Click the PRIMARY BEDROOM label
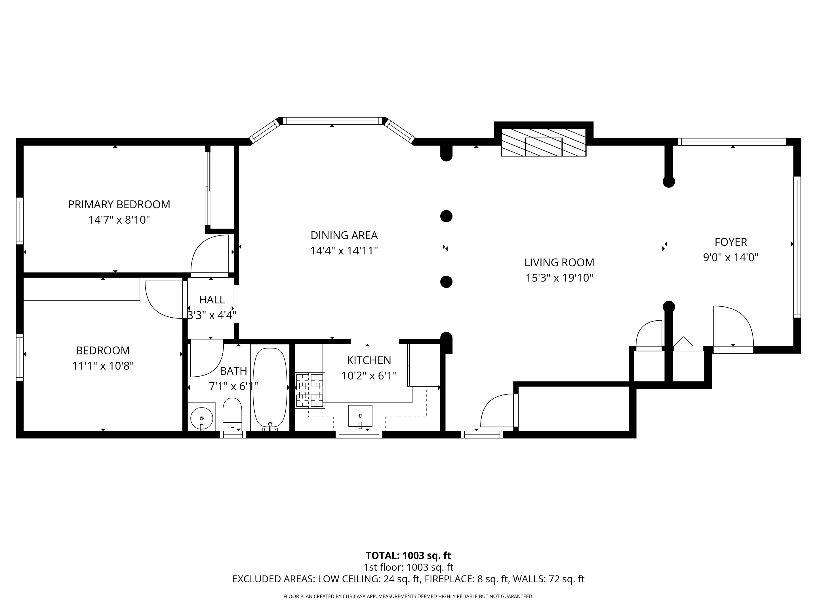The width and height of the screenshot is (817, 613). pyautogui.click(x=119, y=204)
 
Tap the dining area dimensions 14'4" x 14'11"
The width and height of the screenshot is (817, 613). pyautogui.click(x=344, y=251)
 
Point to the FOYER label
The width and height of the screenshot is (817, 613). pyautogui.click(x=730, y=242)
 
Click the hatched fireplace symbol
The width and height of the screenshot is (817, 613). pyautogui.click(x=543, y=143)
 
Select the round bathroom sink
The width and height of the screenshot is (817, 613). pyautogui.click(x=201, y=418)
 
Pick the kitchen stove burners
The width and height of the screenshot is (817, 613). pyautogui.click(x=309, y=390)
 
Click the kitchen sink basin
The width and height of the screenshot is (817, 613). pyautogui.click(x=360, y=416)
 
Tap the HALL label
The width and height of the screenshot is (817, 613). pyautogui.click(x=212, y=300)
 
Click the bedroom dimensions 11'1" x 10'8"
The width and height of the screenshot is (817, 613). pyautogui.click(x=103, y=366)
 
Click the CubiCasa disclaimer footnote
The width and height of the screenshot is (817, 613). pyautogui.click(x=408, y=596)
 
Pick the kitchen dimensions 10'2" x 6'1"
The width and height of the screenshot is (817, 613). pyautogui.click(x=369, y=376)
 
